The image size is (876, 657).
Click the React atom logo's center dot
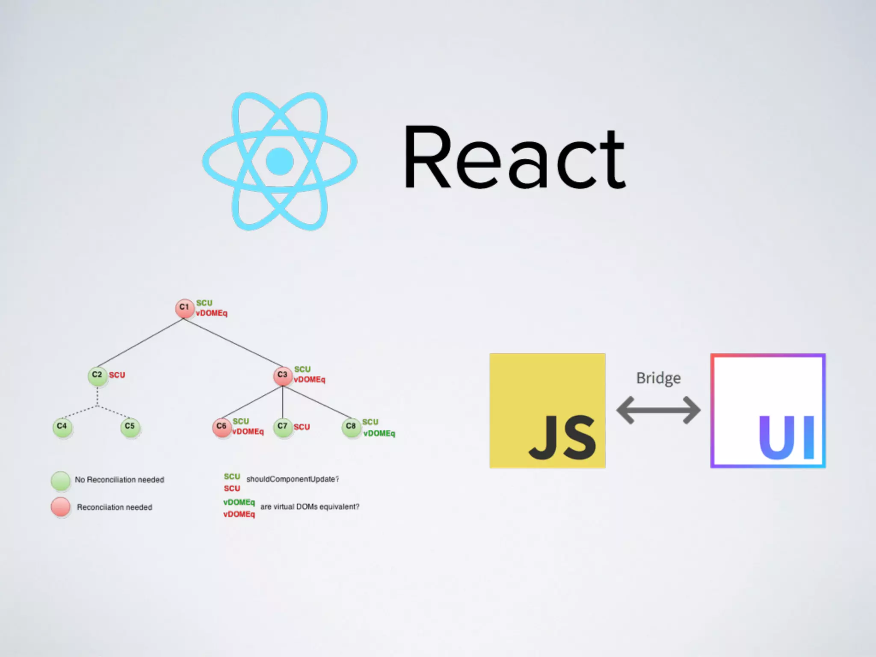pyautogui.click(x=279, y=161)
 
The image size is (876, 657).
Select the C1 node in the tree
pyautogui.click(x=184, y=308)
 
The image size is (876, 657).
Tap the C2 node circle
pyautogui.click(x=97, y=376)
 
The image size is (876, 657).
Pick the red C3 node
pyautogui.click(x=282, y=376)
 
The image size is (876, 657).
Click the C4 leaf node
pyautogui.click(x=62, y=426)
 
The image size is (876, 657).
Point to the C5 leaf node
pyautogui.click(x=130, y=426)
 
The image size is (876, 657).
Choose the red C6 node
pyautogui.click(x=221, y=427)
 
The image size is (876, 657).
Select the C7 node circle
pyautogui.click(x=282, y=427)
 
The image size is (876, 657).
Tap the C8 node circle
pyautogui.click(x=351, y=427)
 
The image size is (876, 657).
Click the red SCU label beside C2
pyautogui.click(x=117, y=375)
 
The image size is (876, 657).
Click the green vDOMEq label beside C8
pyautogui.click(x=379, y=433)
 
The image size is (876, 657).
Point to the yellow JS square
pyautogui.click(x=547, y=411)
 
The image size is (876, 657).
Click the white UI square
pyautogui.click(x=768, y=411)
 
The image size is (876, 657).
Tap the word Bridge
pyautogui.click(x=658, y=378)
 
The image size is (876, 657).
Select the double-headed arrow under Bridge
pyautogui.click(x=658, y=410)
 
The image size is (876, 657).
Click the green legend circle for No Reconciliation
pyautogui.click(x=61, y=481)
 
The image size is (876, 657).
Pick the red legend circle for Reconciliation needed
pyautogui.click(x=61, y=507)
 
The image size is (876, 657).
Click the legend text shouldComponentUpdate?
pyautogui.click(x=293, y=479)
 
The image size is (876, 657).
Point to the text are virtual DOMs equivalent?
pyautogui.click(x=310, y=507)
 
